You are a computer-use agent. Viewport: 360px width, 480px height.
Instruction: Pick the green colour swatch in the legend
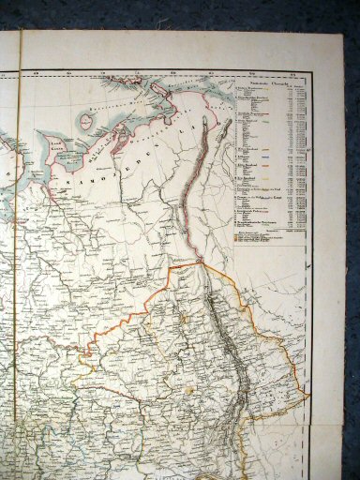[266, 113]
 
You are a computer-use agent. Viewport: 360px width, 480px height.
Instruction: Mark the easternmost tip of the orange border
[309, 395]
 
